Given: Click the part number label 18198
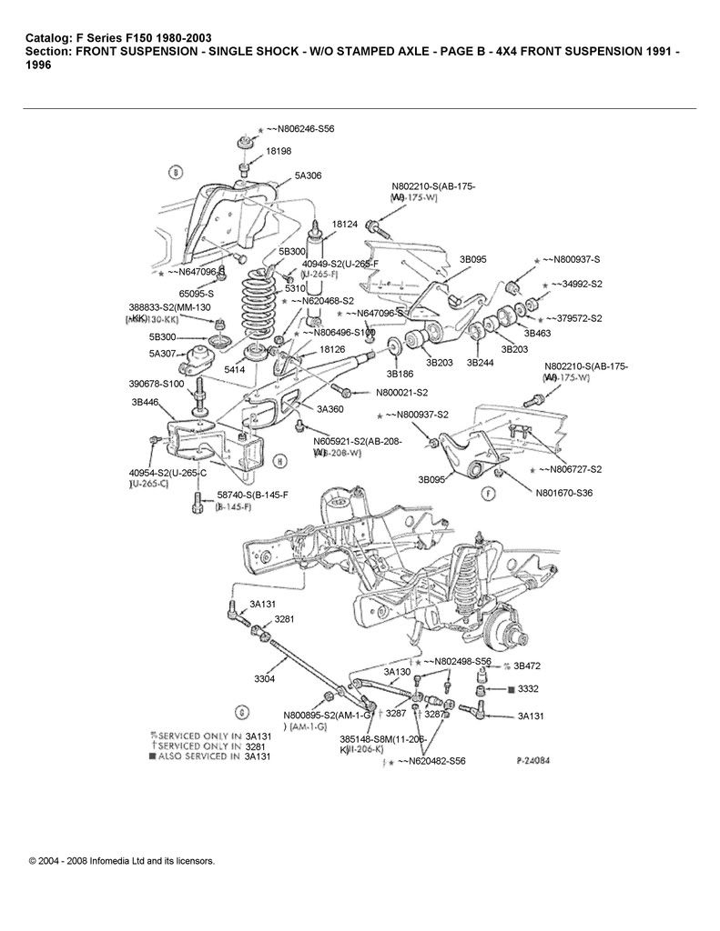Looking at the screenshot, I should pyautogui.click(x=279, y=152).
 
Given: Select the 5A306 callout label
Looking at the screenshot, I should pyautogui.click(x=308, y=175).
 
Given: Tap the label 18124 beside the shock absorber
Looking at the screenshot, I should pyautogui.click(x=345, y=223).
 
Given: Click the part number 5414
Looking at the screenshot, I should pyautogui.click(x=235, y=371).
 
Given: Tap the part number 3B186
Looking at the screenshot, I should pyautogui.click(x=400, y=373).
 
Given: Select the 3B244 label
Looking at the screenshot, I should pyautogui.click(x=480, y=362).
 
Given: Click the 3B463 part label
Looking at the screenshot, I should pyautogui.click(x=537, y=334).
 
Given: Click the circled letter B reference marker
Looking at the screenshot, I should pyautogui.click(x=176, y=171).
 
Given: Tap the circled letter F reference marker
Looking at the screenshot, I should pyautogui.click(x=488, y=495).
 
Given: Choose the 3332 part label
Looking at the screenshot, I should pyautogui.click(x=528, y=690).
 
